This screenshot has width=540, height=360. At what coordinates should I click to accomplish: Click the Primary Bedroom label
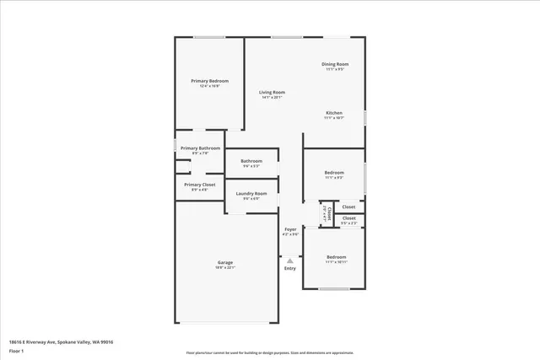(209, 81)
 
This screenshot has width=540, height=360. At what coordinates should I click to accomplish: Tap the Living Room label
(272, 92)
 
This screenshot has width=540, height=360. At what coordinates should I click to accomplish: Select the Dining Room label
(335, 64)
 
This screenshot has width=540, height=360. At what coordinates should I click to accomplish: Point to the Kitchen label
(334, 113)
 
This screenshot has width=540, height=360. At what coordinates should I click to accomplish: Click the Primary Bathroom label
(200, 148)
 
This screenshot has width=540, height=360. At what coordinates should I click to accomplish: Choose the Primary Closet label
(200, 184)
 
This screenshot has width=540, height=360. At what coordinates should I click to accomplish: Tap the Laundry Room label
(251, 194)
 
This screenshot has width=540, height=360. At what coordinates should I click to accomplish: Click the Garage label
(225, 262)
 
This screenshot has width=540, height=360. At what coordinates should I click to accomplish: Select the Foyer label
(290, 229)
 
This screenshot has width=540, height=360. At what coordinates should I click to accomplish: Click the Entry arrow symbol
(290, 261)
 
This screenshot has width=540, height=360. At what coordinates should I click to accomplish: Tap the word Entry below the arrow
(290, 269)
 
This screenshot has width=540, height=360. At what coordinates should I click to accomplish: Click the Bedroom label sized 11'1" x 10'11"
(337, 256)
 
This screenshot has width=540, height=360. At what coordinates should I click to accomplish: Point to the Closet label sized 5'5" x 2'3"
(348, 218)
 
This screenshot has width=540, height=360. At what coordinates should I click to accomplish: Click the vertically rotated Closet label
(328, 214)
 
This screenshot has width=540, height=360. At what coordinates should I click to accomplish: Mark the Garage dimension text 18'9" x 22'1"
(225, 267)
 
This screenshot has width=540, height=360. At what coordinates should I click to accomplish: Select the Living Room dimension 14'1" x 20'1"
(272, 97)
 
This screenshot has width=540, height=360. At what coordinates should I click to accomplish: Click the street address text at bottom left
(61, 341)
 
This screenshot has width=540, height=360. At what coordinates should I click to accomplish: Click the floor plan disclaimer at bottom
(271, 353)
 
